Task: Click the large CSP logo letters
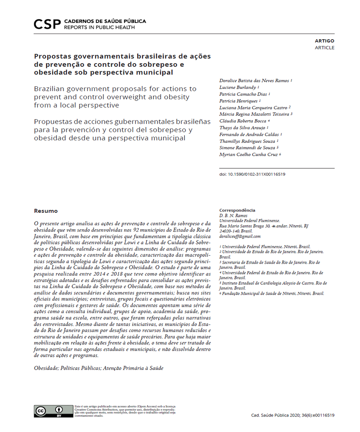point(47,24)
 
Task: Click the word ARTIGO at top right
point(324,41)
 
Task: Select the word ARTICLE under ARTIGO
point(324,48)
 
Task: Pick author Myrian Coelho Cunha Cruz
point(249,154)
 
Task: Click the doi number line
point(252,174)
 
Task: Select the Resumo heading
point(46,211)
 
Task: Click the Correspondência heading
point(237,210)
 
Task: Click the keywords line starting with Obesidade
point(99,368)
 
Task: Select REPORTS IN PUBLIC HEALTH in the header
point(99,27)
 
